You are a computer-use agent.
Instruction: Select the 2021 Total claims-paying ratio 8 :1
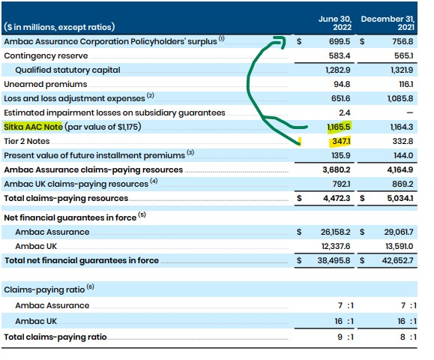pyautogui.click(x=405, y=337)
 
